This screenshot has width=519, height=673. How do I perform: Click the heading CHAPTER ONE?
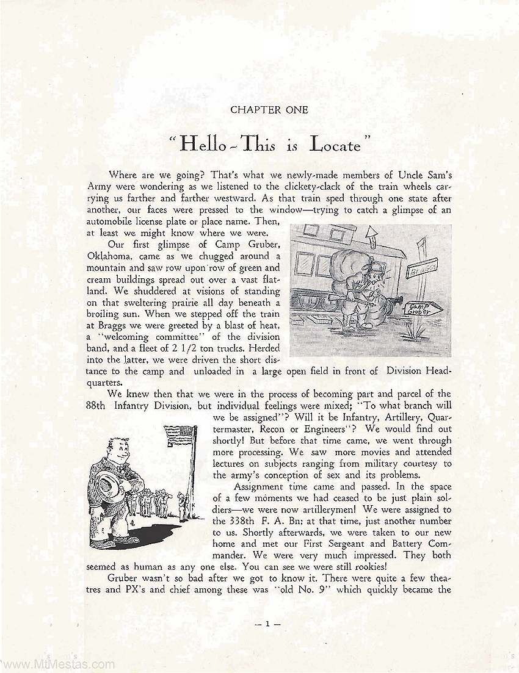coord(261,110)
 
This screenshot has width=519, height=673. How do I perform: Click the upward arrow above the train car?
coord(371,234)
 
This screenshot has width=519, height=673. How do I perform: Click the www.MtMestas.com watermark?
coord(58,664)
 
